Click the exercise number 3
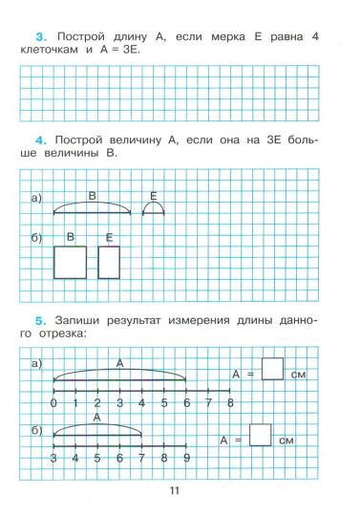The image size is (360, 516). (26, 35)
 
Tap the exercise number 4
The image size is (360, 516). (27, 140)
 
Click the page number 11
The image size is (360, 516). (174, 491)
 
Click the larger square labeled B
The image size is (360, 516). (70, 262)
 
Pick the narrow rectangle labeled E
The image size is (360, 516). (109, 262)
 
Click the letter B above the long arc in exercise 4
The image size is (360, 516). (92, 196)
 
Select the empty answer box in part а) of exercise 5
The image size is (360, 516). (272, 370)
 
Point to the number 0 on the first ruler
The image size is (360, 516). (53, 405)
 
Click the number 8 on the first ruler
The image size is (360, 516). (230, 405)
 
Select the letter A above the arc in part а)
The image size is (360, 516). (119, 363)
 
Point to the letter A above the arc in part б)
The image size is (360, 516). (97, 418)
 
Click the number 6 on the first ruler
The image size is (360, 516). (186, 405)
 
